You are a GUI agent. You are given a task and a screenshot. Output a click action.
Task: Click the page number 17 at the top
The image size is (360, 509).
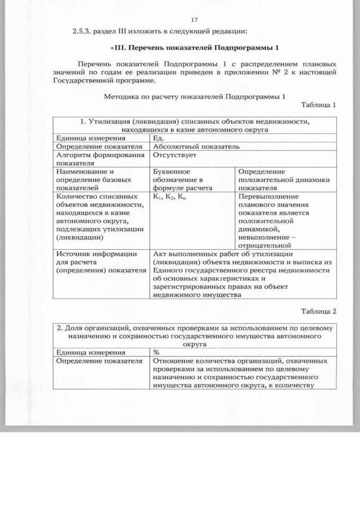[x=195, y=20]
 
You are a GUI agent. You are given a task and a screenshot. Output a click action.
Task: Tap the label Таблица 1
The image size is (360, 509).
[x=318, y=105]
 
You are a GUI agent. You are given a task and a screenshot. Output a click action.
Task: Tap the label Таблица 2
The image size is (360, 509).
[x=318, y=311]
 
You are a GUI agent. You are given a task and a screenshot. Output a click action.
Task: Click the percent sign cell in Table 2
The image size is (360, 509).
[x=156, y=352]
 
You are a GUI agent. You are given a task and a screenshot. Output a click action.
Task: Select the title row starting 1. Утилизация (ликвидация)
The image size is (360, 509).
[x=195, y=125]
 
